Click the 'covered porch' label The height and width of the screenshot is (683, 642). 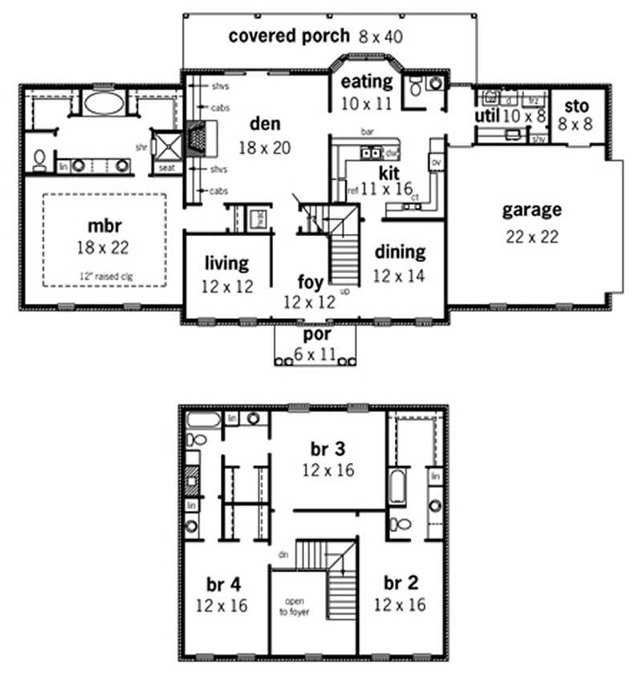pos(289,35)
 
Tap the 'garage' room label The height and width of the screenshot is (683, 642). pos(531,211)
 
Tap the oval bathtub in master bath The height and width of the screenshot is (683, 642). pos(104,103)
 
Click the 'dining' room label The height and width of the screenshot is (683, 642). pos(400,252)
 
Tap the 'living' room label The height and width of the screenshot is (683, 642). pos(226,264)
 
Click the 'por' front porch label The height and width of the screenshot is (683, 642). pos(315,333)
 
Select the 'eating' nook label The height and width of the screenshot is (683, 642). pos(368,82)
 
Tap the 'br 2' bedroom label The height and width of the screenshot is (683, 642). pos(399,583)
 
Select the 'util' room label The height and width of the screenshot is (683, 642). pos(489,117)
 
